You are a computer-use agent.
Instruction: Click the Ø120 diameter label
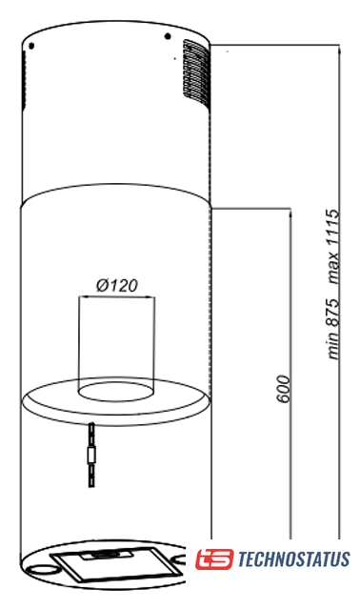pyautogui.click(x=116, y=286)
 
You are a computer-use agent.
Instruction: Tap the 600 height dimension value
pyautogui.click(x=284, y=389)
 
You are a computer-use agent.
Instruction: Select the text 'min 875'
pyautogui.click(x=333, y=329)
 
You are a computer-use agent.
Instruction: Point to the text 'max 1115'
pyautogui.click(x=333, y=246)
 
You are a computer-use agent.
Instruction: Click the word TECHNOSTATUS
pyautogui.click(x=293, y=559)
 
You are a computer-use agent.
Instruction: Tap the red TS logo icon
pyautogui.click(x=214, y=559)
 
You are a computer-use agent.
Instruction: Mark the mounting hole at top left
pyautogui.click(x=31, y=46)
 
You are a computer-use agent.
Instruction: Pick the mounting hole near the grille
pyautogui.click(x=168, y=36)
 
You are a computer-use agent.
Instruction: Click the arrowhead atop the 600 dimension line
pyautogui.click(x=290, y=212)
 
